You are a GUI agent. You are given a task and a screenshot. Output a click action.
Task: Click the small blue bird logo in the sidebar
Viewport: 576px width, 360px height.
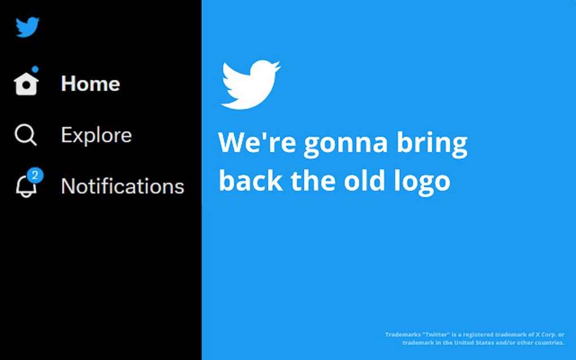(27, 27)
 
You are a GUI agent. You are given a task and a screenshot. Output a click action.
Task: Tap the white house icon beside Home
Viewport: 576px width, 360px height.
(26, 85)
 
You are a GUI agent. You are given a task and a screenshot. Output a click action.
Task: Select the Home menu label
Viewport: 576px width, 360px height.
(90, 84)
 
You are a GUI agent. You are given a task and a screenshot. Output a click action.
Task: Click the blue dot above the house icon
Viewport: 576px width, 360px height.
(35, 69)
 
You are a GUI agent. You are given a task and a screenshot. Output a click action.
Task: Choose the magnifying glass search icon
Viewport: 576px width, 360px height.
(25, 135)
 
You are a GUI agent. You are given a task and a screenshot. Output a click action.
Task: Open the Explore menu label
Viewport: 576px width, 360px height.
(96, 135)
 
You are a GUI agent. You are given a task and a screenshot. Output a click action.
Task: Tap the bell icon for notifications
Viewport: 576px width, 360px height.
(25, 187)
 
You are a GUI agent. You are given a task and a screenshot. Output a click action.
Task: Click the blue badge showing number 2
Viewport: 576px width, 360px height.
(35, 175)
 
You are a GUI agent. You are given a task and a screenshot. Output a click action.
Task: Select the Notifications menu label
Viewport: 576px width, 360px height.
(123, 186)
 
